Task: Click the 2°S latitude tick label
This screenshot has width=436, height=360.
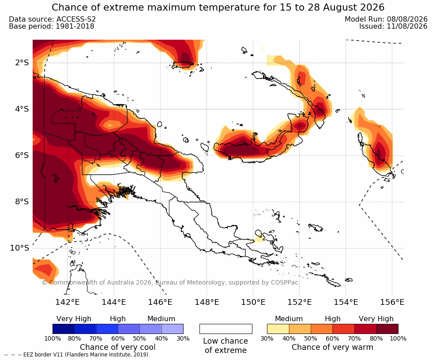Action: tap(22, 63)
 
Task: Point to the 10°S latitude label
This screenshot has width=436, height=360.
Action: tap(19, 248)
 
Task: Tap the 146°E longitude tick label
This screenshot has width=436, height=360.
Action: tap(160, 302)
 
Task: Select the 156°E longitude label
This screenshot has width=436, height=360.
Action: tap(392, 302)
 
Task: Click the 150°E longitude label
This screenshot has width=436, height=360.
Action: tap(253, 302)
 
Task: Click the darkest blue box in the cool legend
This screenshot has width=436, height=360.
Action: tap(64, 329)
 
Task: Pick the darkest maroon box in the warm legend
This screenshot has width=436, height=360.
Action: tap(387, 329)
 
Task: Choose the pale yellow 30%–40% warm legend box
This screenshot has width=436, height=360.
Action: tap(278, 329)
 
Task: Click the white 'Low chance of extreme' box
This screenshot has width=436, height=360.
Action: tap(226, 329)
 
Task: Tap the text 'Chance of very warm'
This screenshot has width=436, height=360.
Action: tap(332, 347)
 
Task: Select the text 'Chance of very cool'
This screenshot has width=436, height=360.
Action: tap(118, 347)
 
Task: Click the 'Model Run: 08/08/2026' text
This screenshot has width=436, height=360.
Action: tap(386, 19)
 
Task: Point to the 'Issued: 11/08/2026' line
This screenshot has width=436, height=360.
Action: tap(393, 26)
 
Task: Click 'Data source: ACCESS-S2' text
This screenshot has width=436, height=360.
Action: tap(52, 19)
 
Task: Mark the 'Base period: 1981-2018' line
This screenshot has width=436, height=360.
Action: tap(52, 26)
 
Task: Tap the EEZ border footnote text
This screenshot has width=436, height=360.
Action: tap(77, 355)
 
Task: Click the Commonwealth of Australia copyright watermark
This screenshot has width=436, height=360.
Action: tap(170, 282)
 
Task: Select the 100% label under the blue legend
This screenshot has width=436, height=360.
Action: tap(53, 338)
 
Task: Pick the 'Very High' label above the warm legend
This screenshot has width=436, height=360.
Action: tap(376, 319)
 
